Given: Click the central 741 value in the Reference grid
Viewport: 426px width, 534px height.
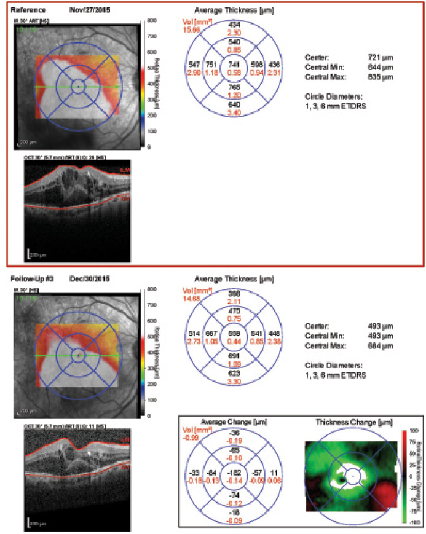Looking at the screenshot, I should [233, 65].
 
